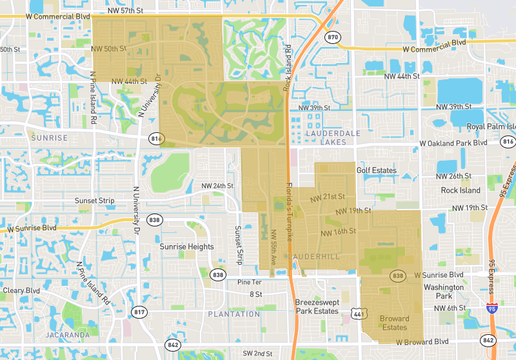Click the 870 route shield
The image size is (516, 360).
pos(332,37)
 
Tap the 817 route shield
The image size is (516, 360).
pos(139,312)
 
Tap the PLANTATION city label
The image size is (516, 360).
pos(233,314)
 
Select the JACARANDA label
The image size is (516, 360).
pos(68,335)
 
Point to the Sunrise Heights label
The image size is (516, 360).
pos(186,246)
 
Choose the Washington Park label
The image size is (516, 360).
pos(443,292)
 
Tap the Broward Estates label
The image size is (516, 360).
pos(394,323)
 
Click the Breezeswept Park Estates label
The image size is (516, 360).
pos(317,306)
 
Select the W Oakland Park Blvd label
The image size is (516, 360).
pos(453,143)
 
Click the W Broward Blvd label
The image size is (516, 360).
pos(422,341)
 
